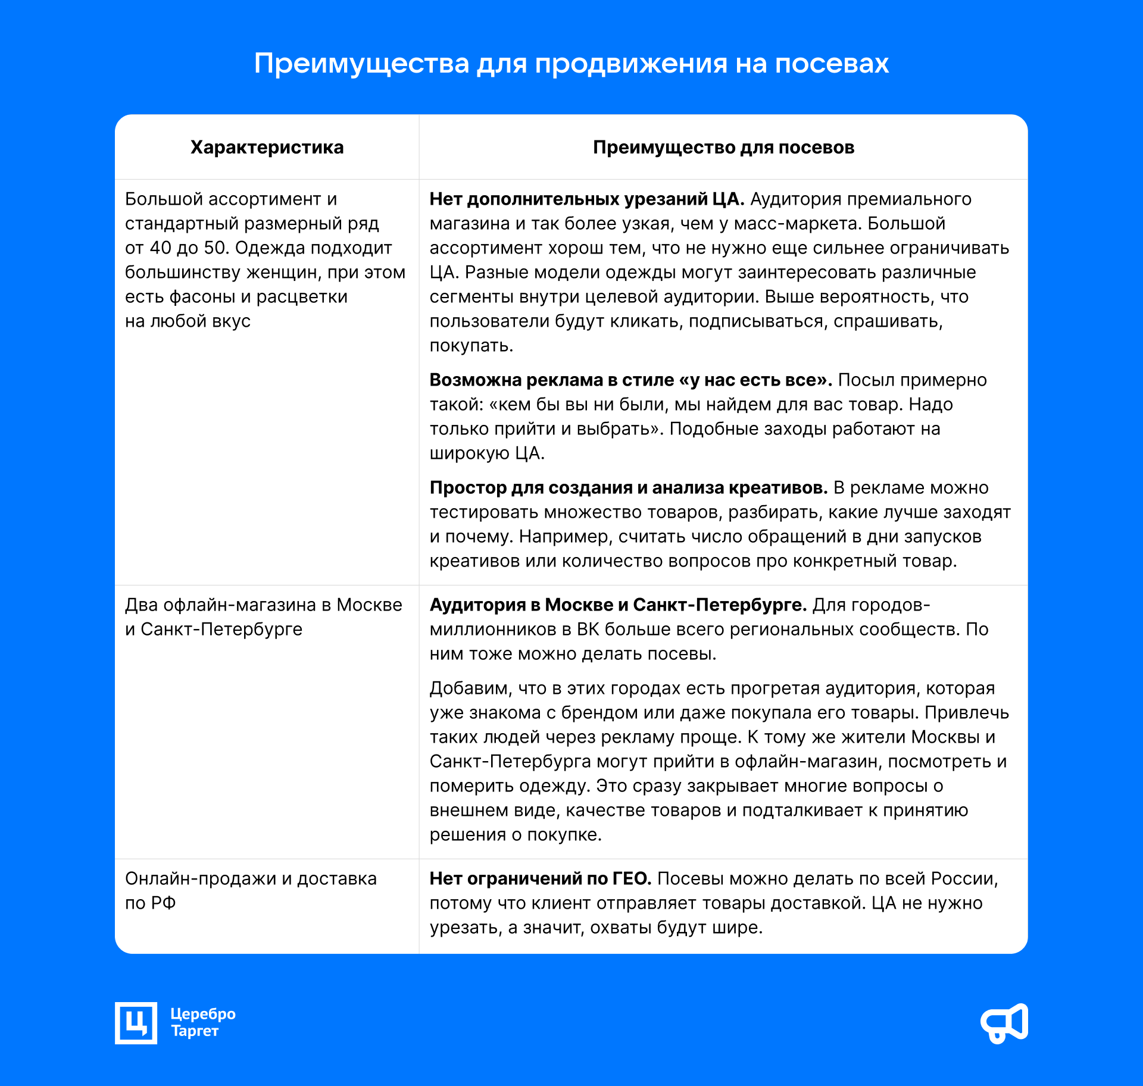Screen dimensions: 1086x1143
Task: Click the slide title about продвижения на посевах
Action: click(x=571, y=63)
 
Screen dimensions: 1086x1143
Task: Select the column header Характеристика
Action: click(x=267, y=147)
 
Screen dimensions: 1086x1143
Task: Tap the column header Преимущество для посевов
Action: click(x=723, y=147)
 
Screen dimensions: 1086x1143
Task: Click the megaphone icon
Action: click(x=1004, y=1023)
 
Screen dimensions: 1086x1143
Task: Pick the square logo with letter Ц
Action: click(x=136, y=1023)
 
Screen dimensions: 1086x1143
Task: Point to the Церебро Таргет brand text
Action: click(x=202, y=1022)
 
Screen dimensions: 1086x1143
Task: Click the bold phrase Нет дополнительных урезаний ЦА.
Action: click(x=586, y=199)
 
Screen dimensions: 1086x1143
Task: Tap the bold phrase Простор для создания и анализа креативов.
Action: click(x=628, y=487)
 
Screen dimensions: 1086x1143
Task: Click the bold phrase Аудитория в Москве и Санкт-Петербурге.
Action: click(x=618, y=605)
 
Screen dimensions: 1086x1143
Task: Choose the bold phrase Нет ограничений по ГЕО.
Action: click(x=540, y=878)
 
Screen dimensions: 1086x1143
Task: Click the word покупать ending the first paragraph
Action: click(x=471, y=345)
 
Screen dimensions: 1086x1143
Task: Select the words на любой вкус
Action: click(x=188, y=321)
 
